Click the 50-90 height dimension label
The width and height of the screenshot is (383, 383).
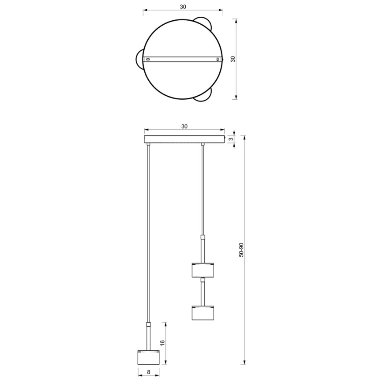point(241,250)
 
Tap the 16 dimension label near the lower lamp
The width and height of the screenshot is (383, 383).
point(162,342)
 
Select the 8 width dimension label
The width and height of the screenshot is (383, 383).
point(149,372)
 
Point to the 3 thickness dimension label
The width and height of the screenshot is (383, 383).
point(238,139)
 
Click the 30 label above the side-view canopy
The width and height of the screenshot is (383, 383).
point(184,126)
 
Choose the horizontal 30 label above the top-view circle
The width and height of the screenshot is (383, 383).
point(183,7)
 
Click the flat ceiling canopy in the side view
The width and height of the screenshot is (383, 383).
point(184,139)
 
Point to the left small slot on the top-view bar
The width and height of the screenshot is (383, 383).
point(149,59)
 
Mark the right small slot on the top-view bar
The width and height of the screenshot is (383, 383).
point(218,59)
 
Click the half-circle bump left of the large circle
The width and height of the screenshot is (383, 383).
point(139,59)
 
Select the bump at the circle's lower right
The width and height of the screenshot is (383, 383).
point(203,94)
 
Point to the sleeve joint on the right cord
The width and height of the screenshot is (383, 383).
point(203,237)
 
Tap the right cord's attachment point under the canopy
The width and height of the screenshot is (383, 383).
point(203,144)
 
